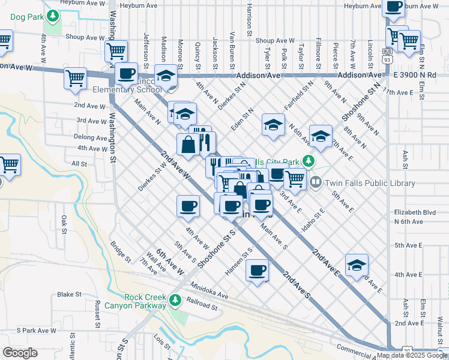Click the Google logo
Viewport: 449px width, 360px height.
20,353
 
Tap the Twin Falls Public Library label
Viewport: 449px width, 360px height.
370,183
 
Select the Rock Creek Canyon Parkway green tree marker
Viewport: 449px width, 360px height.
175,299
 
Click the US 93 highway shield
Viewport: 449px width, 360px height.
388,59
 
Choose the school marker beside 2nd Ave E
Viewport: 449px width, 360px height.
357,265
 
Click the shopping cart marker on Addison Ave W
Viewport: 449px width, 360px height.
76,78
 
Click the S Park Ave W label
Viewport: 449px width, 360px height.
36,330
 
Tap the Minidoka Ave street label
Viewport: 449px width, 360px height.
210,291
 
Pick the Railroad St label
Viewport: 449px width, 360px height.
202,304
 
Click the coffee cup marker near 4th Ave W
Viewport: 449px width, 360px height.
188,207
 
